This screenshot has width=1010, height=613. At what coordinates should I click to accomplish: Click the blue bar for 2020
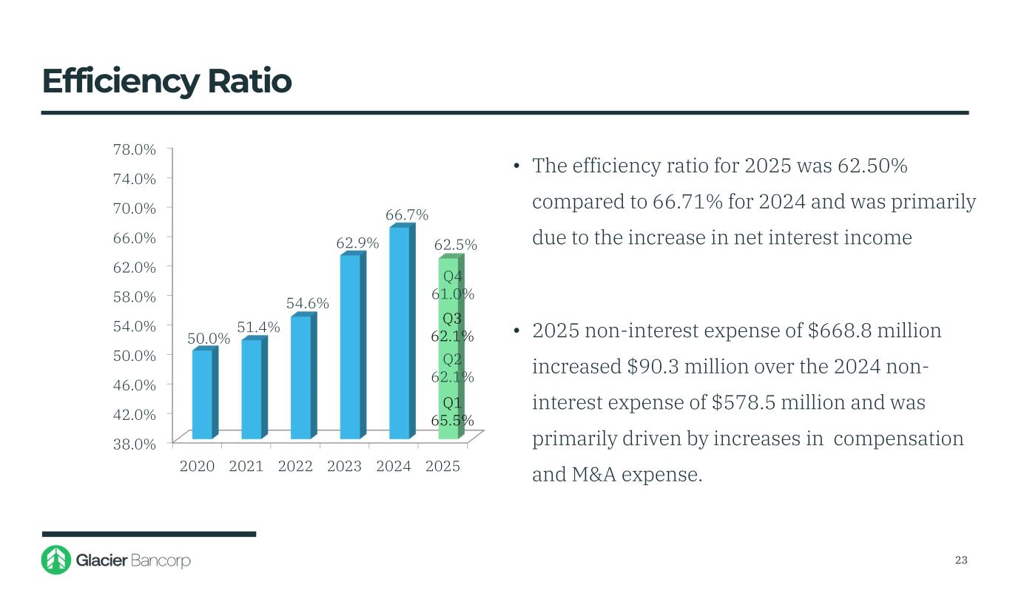(202, 394)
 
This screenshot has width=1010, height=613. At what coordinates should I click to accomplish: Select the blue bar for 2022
(301, 377)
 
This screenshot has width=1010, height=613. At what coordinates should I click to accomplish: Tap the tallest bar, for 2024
(400, 333)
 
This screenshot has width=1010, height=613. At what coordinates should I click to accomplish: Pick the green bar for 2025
(448, 348)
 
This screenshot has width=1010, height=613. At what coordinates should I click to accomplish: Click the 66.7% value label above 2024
(407, 214)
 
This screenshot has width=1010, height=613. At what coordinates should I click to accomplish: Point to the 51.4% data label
(258, 327)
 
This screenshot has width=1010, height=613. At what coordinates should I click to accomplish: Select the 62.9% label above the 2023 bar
(357, 243)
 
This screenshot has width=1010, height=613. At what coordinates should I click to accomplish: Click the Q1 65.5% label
(452, 412)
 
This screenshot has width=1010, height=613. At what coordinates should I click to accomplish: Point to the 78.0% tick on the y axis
(134, 149)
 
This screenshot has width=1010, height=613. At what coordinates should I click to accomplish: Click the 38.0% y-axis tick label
(134, 444)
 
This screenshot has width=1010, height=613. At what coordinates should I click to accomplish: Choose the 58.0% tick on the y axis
(134, 297)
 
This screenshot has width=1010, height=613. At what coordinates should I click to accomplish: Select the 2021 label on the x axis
(246, 467)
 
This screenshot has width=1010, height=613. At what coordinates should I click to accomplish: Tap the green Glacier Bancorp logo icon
(56, 560)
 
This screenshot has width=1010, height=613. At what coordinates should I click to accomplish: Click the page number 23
(961, 560)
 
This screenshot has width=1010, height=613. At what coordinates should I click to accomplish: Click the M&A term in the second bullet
(594, 475)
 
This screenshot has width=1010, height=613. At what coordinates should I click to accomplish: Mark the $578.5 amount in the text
(741, 403)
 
